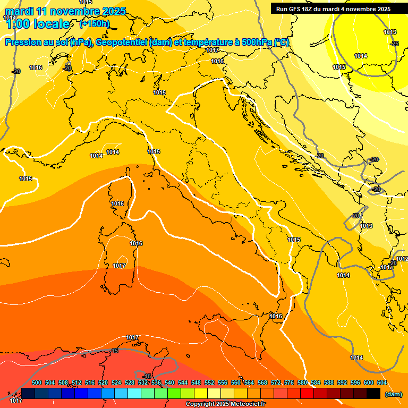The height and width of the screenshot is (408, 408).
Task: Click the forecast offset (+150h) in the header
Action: pos(95,24)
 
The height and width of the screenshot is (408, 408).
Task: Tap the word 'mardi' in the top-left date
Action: pos(20,11)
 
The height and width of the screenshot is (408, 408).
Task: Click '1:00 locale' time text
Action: pos(37,24)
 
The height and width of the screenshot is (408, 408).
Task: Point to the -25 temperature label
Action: pos(394,44)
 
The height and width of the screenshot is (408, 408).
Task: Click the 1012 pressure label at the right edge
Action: pos(402,259)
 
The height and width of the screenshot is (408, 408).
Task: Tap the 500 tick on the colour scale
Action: pos(37,382)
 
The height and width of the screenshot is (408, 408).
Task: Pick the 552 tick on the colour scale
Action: pos(209,382)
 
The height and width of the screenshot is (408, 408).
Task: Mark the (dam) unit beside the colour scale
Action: pos(394,394)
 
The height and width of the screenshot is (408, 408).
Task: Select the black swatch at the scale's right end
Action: pos(373,393)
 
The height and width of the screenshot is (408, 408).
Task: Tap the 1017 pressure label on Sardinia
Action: pos(119,266)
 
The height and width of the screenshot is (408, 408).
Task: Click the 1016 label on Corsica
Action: pos(117,203)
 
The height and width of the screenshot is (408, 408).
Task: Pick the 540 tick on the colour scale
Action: pos(169,382)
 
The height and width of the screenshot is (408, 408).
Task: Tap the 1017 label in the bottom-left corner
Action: pos(16,400)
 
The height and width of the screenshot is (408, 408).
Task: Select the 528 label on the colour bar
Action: pos(130,382)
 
